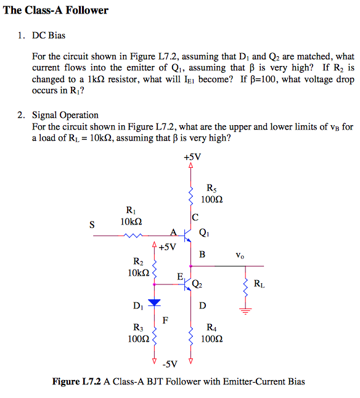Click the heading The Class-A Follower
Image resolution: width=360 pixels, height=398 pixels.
coord(55,10)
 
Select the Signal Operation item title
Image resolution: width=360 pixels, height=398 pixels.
coord(65,115)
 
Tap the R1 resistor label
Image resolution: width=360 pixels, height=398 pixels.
coord(131,210)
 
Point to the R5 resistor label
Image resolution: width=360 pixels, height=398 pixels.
coord(212,189)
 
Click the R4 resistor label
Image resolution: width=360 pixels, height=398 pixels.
coord(211,328)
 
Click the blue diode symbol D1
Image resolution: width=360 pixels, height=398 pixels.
coord(153,302)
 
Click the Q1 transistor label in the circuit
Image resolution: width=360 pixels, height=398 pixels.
coord(205,233)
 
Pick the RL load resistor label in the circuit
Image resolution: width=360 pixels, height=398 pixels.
coord(260,284)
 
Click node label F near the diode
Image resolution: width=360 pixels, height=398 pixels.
coord(165,320)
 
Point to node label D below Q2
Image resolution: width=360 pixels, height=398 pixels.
coord(202,305)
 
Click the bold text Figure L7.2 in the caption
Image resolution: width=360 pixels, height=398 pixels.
coord(76,382)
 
